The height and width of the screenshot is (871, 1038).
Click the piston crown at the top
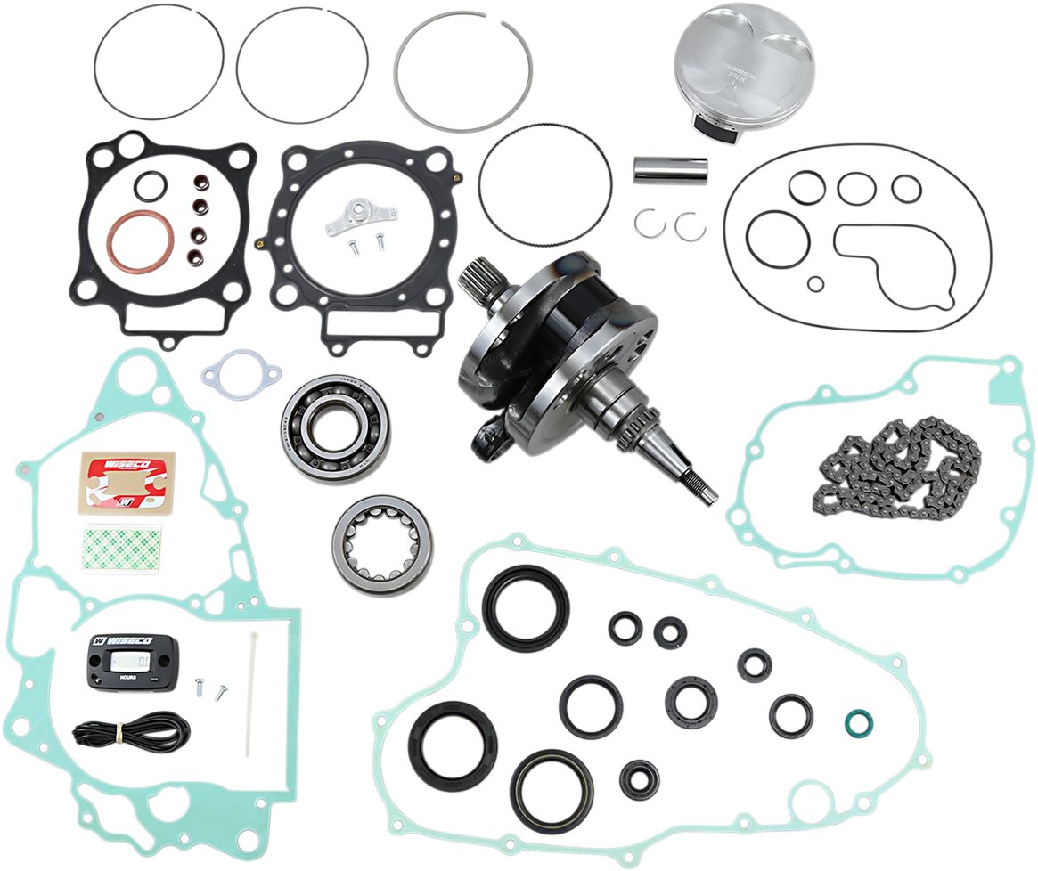(x=745, y=53)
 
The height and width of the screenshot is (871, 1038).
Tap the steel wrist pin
(x=670, y=169)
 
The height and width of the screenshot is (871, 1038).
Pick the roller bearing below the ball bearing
(x=382, y=544)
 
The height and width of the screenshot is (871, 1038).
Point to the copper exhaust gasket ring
(x=141, y=242)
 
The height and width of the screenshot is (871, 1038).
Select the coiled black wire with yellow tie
(x=131, y=732)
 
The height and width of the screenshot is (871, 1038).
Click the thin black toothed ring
(x=545, y=183)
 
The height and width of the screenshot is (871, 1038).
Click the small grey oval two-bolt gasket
(x=241, y=374)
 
